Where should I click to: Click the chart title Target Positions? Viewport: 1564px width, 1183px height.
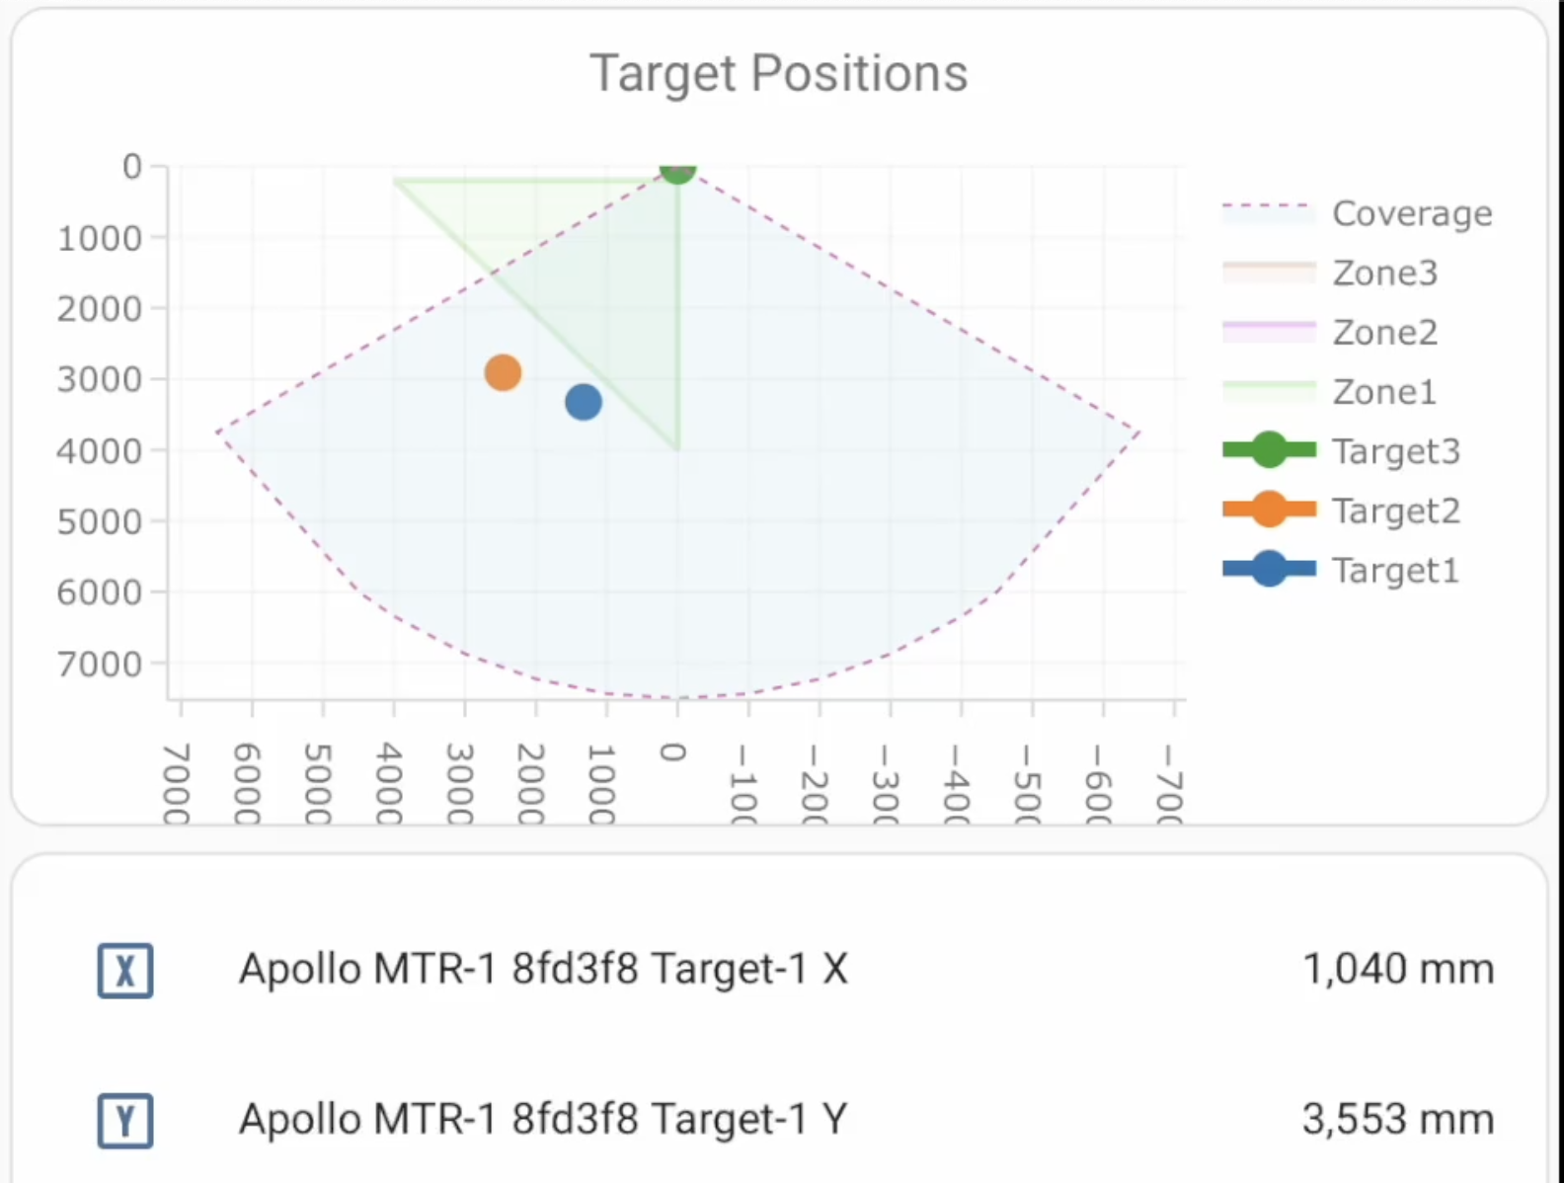click(778, 74)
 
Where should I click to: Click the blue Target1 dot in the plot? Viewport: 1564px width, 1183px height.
click(584, 402)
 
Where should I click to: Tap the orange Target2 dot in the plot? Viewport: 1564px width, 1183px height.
click(503, 372)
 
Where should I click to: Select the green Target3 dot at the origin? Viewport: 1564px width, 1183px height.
click(677, 170)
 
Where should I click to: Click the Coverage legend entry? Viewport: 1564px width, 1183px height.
click(1411, 213)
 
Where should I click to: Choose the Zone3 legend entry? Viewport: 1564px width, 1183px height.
click(1384, 273)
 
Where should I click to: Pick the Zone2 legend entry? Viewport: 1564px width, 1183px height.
click(1384, 333)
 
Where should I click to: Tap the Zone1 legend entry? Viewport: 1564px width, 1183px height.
click(1384, 392)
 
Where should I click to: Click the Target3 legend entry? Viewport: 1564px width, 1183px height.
click(1395, 451)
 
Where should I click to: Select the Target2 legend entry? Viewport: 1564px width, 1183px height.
click(1395, 511)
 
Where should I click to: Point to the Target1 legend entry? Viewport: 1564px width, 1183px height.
click(1395, 571)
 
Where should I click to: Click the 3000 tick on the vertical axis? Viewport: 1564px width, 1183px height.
click(99, 379)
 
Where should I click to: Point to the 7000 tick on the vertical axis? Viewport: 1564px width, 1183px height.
click(99, 665)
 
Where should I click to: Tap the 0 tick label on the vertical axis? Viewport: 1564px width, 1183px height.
click(131, 167)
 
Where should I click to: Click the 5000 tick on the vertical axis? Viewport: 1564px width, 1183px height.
click(99, 521)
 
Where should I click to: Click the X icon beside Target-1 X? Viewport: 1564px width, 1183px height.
click(125, 971)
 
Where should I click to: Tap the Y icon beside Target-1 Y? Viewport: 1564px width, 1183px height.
click(125, 1121)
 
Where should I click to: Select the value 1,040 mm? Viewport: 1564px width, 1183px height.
click(1397, 969)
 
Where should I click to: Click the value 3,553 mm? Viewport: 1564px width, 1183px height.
click(1397, 1120)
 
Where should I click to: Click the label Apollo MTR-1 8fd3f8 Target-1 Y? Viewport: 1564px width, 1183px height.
click(543, 1120)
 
